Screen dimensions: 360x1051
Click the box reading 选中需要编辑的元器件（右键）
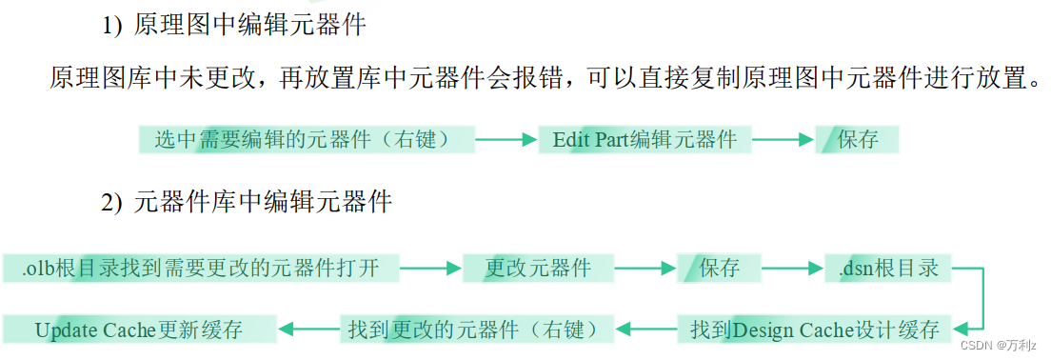307,140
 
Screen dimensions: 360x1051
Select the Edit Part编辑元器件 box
644,140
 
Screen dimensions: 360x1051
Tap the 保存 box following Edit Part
857,140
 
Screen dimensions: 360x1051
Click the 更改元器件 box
538,269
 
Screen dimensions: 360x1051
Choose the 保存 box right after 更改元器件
719,269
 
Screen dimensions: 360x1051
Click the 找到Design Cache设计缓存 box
815,330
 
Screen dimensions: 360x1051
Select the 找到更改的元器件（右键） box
473,330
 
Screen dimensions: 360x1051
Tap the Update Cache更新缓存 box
139,330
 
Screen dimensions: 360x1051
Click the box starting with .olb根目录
200,269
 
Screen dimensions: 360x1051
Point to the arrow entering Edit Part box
506,140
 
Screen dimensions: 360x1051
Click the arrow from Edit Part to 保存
783,140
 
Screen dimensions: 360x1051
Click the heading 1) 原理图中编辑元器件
234,27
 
